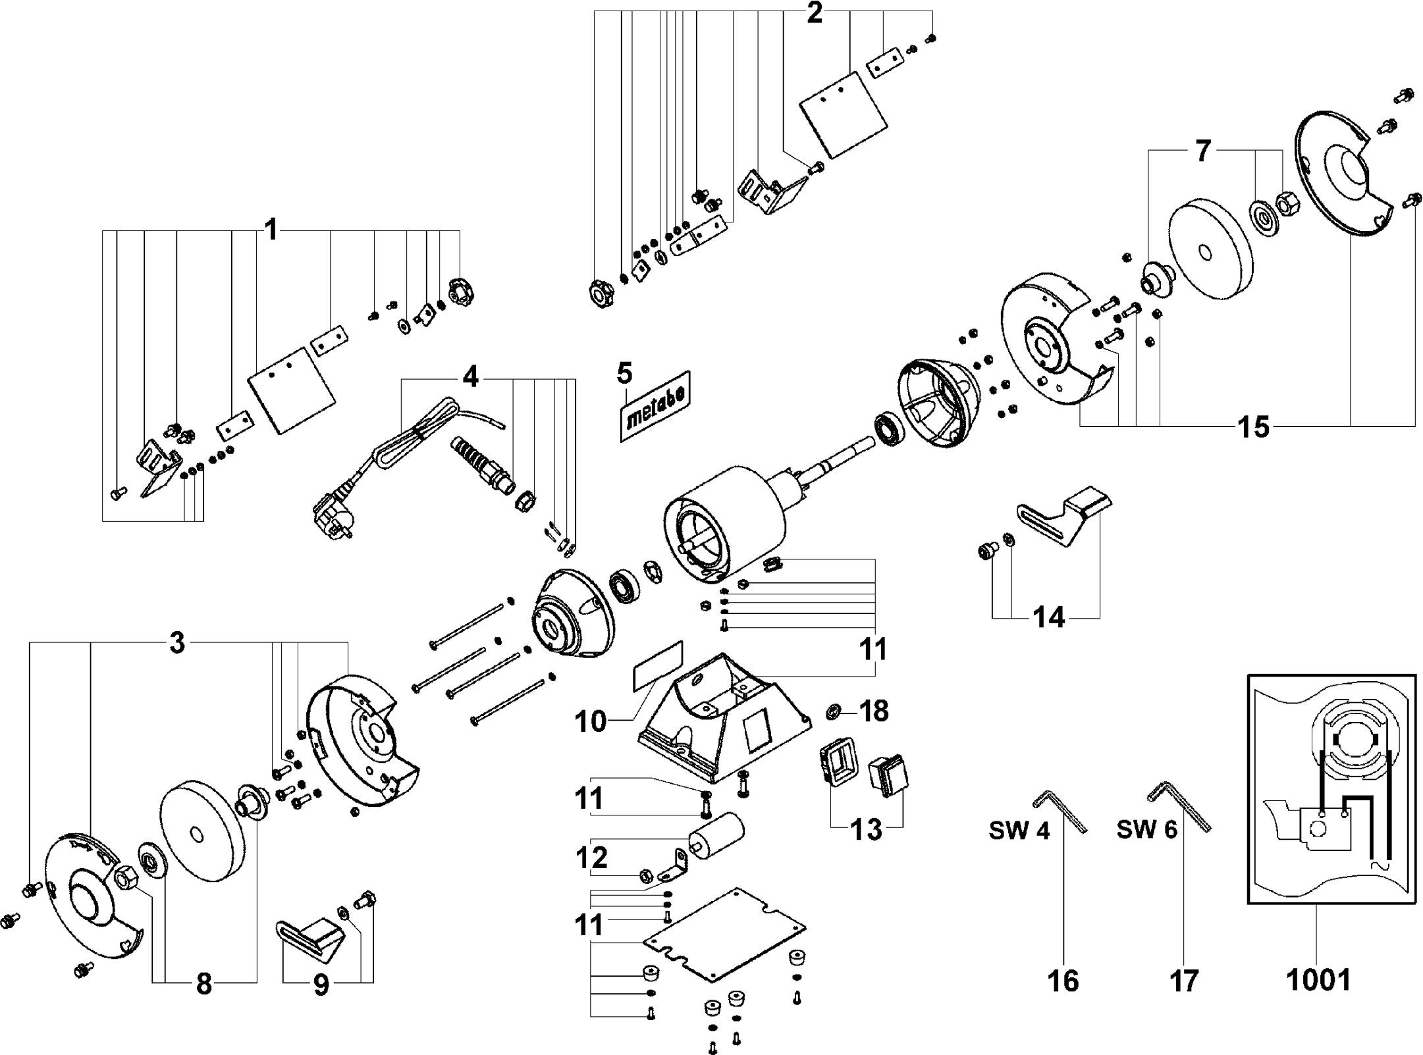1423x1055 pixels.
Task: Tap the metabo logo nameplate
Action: tap(655, 405)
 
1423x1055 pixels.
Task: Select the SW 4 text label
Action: tap(1019, 831)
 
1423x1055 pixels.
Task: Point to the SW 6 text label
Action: tap(1146, 830)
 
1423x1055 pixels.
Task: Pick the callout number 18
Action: tap(874, 711)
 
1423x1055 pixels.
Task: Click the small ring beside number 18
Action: tap(834, 711)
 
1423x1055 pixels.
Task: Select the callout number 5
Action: tap(624, 373)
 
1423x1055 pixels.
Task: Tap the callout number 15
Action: tap(1254, 427)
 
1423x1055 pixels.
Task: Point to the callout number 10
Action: tap(590, 721)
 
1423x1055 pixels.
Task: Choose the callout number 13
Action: tap(867, 831)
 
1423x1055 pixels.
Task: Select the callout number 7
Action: tap(1203, 151)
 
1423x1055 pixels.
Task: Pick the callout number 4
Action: tap(470, 377)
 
